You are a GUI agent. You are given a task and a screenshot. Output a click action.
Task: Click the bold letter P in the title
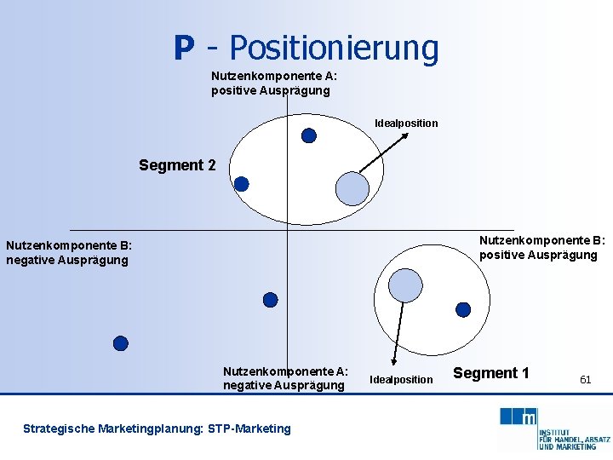(x=183, y=48)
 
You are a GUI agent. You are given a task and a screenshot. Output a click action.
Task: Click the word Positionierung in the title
(x=334, y=48)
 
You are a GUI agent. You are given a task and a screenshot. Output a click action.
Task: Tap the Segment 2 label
(x=178, y=165)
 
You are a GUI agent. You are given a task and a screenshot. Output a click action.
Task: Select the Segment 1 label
(x=491, y=372)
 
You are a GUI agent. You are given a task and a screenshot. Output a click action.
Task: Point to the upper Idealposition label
(x=406, y=124)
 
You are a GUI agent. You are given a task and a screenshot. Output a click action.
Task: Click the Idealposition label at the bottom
(x=402, y=379)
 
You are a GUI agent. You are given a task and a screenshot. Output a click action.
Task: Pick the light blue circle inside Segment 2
(x=352, y=189)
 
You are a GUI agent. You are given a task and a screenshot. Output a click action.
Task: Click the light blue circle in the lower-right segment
(x=405, y=285)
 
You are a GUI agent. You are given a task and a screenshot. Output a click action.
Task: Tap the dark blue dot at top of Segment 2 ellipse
(x=309, y=135)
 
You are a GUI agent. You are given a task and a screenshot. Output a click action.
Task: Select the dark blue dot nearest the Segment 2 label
(x=242, y=184)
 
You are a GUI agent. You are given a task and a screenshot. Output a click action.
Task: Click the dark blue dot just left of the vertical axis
(x=270, y=300)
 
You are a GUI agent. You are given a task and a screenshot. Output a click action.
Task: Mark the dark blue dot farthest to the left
(x=121, y=343)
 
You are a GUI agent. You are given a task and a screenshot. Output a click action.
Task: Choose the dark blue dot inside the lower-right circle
(x=463, y=310)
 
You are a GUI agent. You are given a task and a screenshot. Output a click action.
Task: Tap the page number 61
(x=585, y=379)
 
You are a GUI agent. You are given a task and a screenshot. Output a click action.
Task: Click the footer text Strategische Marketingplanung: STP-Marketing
(x=157, y=428)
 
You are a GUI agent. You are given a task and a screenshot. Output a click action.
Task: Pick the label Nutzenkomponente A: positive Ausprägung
(x=274, y=83)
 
